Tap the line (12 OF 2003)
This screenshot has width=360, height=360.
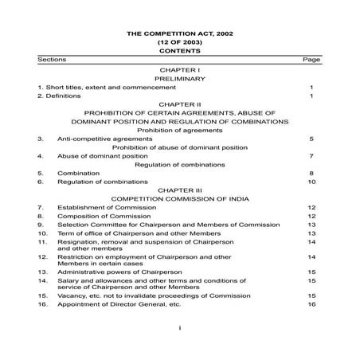[x=179, y=41]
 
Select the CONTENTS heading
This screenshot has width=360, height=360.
[x=179, y=49]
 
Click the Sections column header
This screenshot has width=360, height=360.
[x=51, y=60]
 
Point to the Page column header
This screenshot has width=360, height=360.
[x=311, y=60]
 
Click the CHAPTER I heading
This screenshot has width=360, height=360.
[x=179, y=71]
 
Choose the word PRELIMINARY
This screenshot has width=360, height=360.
[x=179, y=79]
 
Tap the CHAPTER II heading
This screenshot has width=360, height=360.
[x=179, y=104]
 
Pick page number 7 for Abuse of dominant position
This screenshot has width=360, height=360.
[x=312, y=156]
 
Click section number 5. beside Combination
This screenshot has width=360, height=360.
[x=39, y=174]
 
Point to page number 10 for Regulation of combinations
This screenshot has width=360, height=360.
[x=312, y=182]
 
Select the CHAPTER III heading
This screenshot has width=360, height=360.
[x=179, y=190]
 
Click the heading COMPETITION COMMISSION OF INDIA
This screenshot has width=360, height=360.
[x=179, y=198]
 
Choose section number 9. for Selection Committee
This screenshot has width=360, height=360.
[x=39, y=225]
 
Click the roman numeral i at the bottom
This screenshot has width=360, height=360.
[x=180, y=327]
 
